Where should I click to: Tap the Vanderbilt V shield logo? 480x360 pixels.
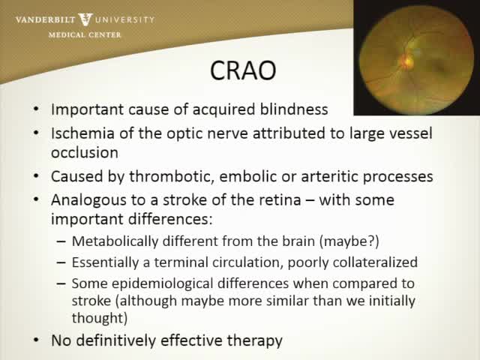click(88, 18)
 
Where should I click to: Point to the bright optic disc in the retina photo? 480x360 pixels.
click(408, 56)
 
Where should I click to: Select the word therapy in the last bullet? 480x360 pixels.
click(254, 340)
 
